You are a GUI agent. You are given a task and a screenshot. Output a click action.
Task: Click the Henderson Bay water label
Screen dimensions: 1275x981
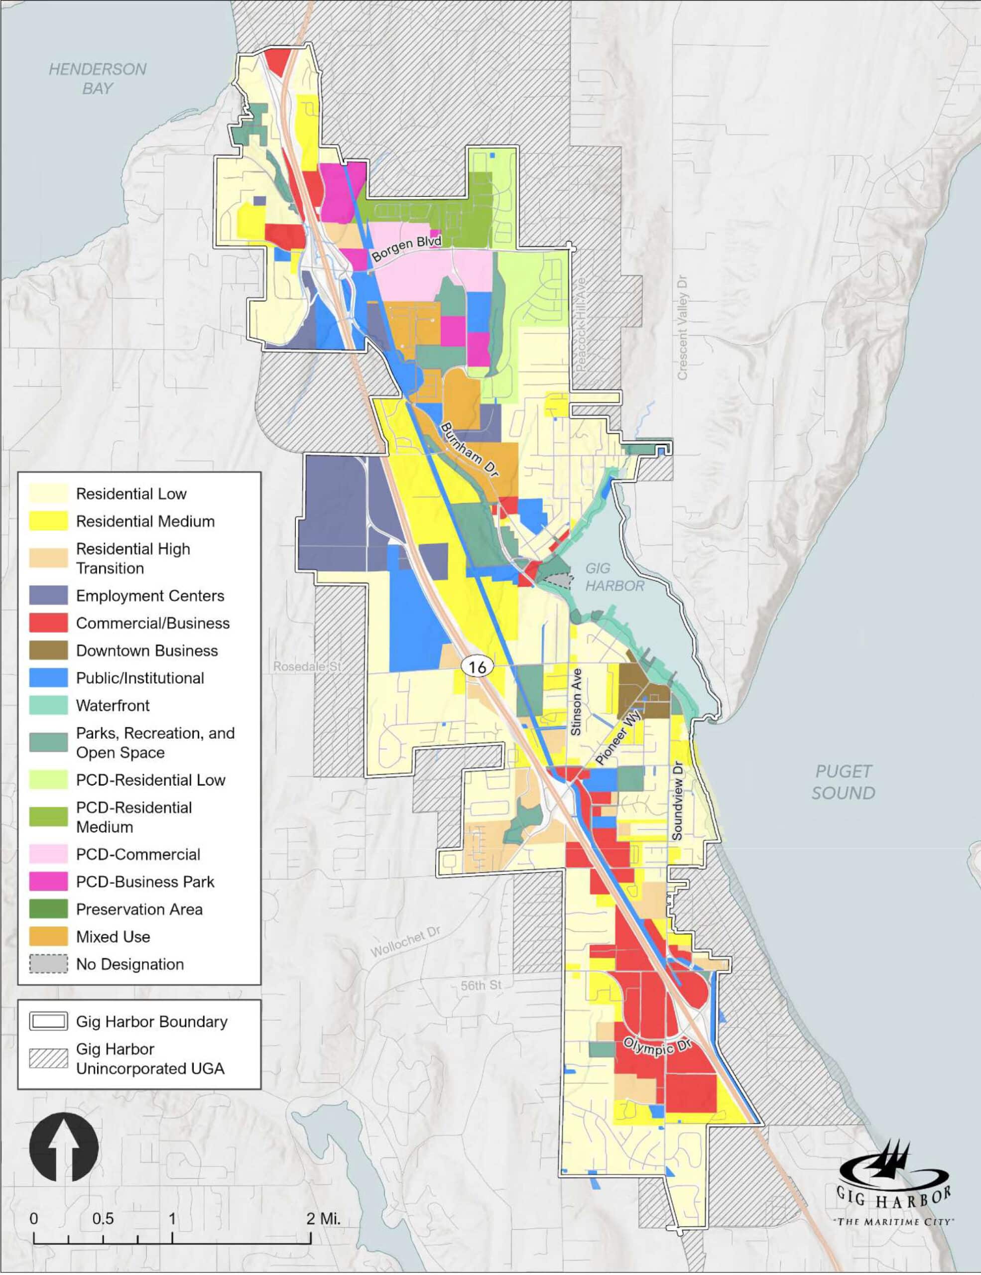coord(97,78)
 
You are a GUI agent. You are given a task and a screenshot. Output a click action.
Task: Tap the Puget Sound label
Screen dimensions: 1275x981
coord(843,782)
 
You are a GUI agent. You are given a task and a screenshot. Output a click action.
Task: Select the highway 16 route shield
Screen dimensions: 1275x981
coord(477,666)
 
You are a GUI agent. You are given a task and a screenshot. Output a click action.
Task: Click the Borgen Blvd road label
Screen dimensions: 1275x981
coord(406,249)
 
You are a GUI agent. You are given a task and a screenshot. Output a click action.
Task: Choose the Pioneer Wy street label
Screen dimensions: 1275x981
coord(618,737)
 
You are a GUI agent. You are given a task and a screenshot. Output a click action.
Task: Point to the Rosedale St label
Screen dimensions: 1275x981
coord(307,666)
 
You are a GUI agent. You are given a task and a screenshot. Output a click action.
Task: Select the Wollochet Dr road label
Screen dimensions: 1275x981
coord(405,942)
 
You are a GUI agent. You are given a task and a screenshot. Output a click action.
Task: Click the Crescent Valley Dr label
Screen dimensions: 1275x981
coord(682,328)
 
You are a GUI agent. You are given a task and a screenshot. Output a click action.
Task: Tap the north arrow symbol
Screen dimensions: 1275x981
coord(64,1147)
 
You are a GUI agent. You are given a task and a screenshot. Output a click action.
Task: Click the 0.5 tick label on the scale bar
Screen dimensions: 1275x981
coord(103,1218)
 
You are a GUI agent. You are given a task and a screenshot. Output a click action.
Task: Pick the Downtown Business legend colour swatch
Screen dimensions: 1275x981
coord(48,650)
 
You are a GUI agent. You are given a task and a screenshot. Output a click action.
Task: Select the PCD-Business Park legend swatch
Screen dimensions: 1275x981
coord(48,882)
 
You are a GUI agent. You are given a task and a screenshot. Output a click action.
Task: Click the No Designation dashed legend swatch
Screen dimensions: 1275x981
coord(48,964)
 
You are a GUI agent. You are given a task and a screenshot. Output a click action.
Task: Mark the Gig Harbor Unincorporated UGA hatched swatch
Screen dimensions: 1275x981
coord(48,1058)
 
